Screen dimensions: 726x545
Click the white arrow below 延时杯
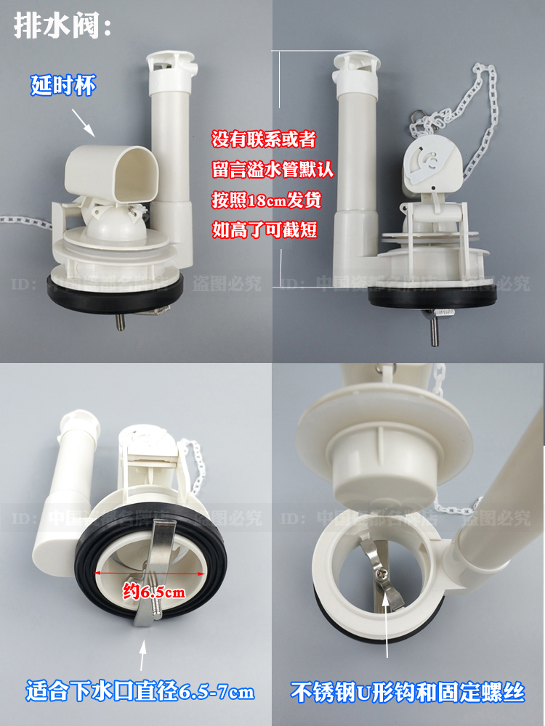point(86,123)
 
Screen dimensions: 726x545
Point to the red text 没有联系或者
point(263,138)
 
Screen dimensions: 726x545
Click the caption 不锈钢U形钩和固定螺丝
point(408,691)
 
